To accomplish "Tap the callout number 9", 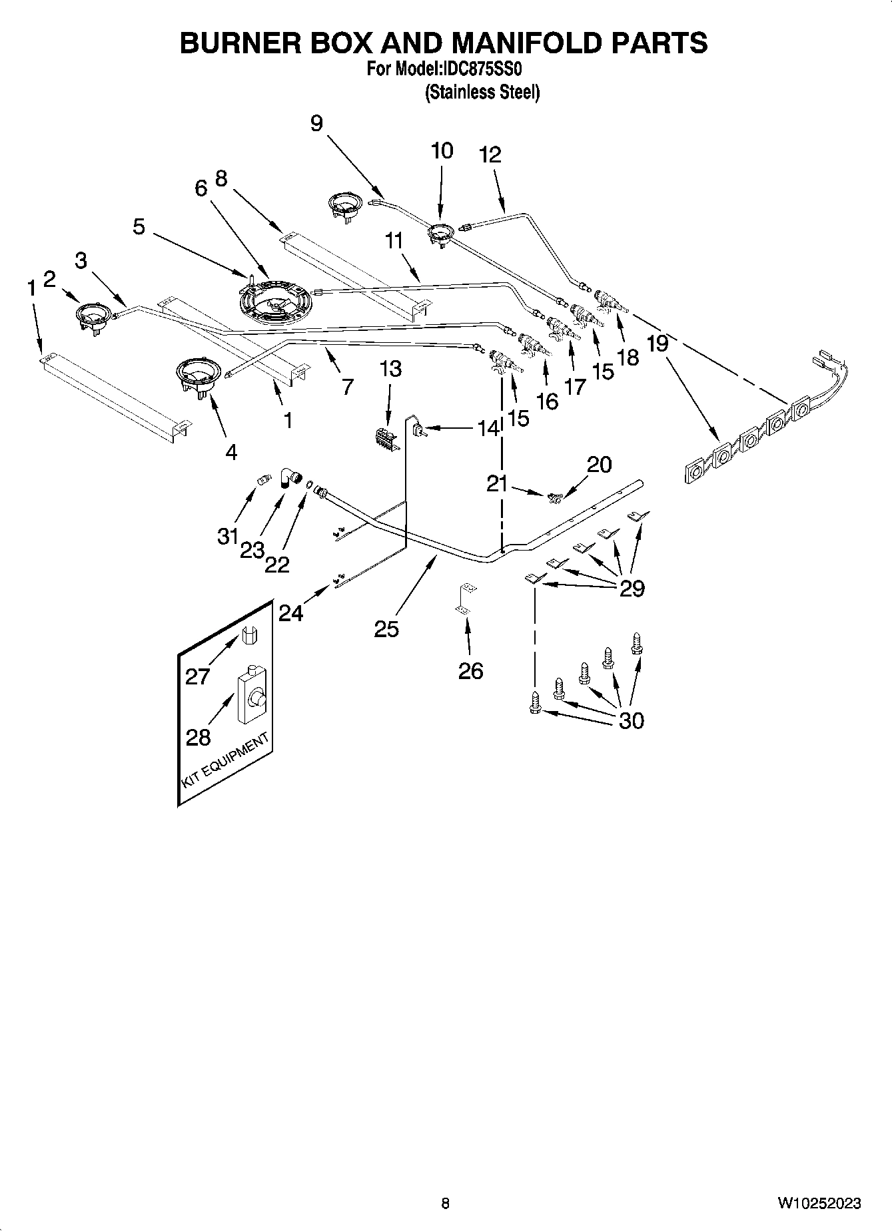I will (316, 123).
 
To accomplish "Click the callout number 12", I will (490, 154).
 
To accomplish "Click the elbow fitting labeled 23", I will (288, 476).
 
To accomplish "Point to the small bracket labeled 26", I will (468, 597).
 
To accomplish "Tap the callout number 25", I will (386, 628).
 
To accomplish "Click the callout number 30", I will (632, 720).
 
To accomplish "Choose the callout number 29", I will (632, 588).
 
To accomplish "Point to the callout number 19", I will (658, 344).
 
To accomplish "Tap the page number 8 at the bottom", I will (445, 1202).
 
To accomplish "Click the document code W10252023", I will (819, 1203).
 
